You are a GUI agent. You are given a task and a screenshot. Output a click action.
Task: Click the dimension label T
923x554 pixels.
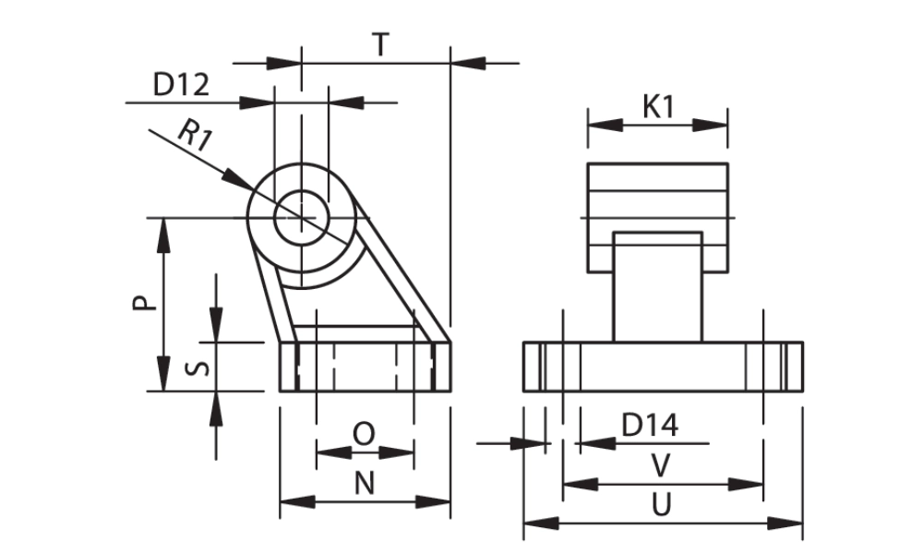(379, 43)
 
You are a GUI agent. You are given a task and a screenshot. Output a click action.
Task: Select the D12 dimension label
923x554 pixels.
(181, 85)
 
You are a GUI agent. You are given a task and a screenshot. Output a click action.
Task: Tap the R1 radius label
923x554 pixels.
(195, 137)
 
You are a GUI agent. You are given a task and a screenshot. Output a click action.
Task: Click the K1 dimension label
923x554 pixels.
(658, 106)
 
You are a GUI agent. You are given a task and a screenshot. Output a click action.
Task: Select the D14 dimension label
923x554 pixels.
(650, 426)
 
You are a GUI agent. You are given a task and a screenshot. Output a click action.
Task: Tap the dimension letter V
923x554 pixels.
(660, 466)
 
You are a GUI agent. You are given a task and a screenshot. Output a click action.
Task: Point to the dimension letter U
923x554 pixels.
(661, 504)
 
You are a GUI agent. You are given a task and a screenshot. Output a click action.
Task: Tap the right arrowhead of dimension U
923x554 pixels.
(790, 524)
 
